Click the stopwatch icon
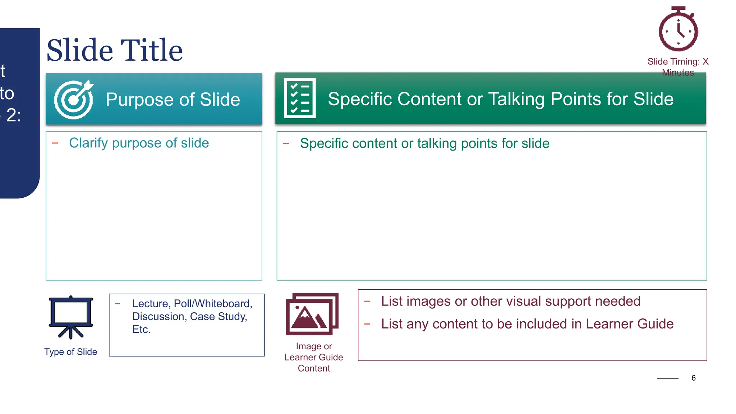pos(678,29)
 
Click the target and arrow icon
pos(74,100)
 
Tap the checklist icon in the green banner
pos(300,98)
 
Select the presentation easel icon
pos(71,317)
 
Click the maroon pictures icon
pos(312,314)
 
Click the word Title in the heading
pos(151,50)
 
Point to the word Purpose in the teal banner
pos(139,100)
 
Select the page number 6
pos(693,378)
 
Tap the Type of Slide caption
pos(71,352)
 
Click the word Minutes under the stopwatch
pos(678,73)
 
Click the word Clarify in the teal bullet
pos(88,143)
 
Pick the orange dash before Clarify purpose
pos(55,143)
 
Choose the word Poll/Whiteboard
pos(213,304)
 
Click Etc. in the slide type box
pos(141,330)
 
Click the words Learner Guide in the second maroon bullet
pos(629,324)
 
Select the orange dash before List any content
pos(367,324)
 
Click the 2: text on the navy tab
pos(14,115)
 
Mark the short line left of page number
pos(667,378)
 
